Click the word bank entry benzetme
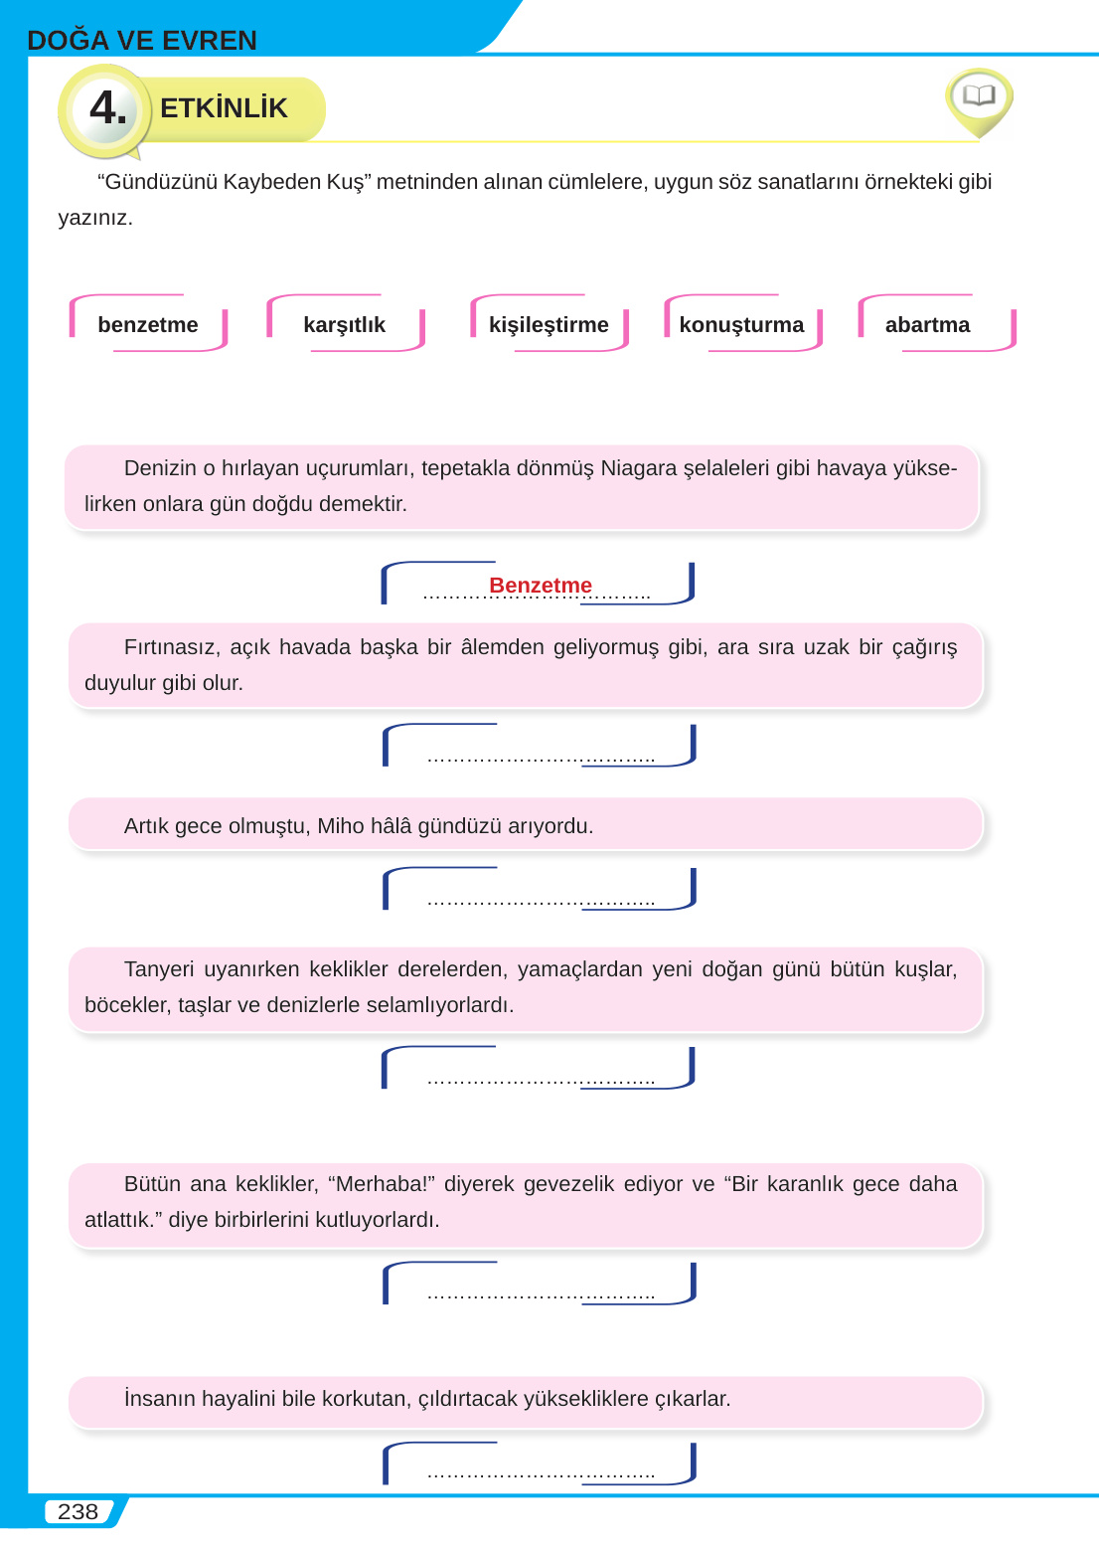click(148, 324)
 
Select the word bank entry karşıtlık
click(344, 324)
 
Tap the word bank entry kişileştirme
click(549, 324)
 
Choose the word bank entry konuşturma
click(741, 324)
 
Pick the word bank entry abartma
click(927, 324)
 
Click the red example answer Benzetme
click(541, 585)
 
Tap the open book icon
click(979, 95)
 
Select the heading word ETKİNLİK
click(224, 107)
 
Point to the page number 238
click(78, 1511)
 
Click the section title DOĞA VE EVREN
click(142, 40)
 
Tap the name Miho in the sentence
click(340, 825)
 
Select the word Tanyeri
click(159, 968)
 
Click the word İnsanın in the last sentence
click(159, 1398)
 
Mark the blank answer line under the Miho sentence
click(541, 901)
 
